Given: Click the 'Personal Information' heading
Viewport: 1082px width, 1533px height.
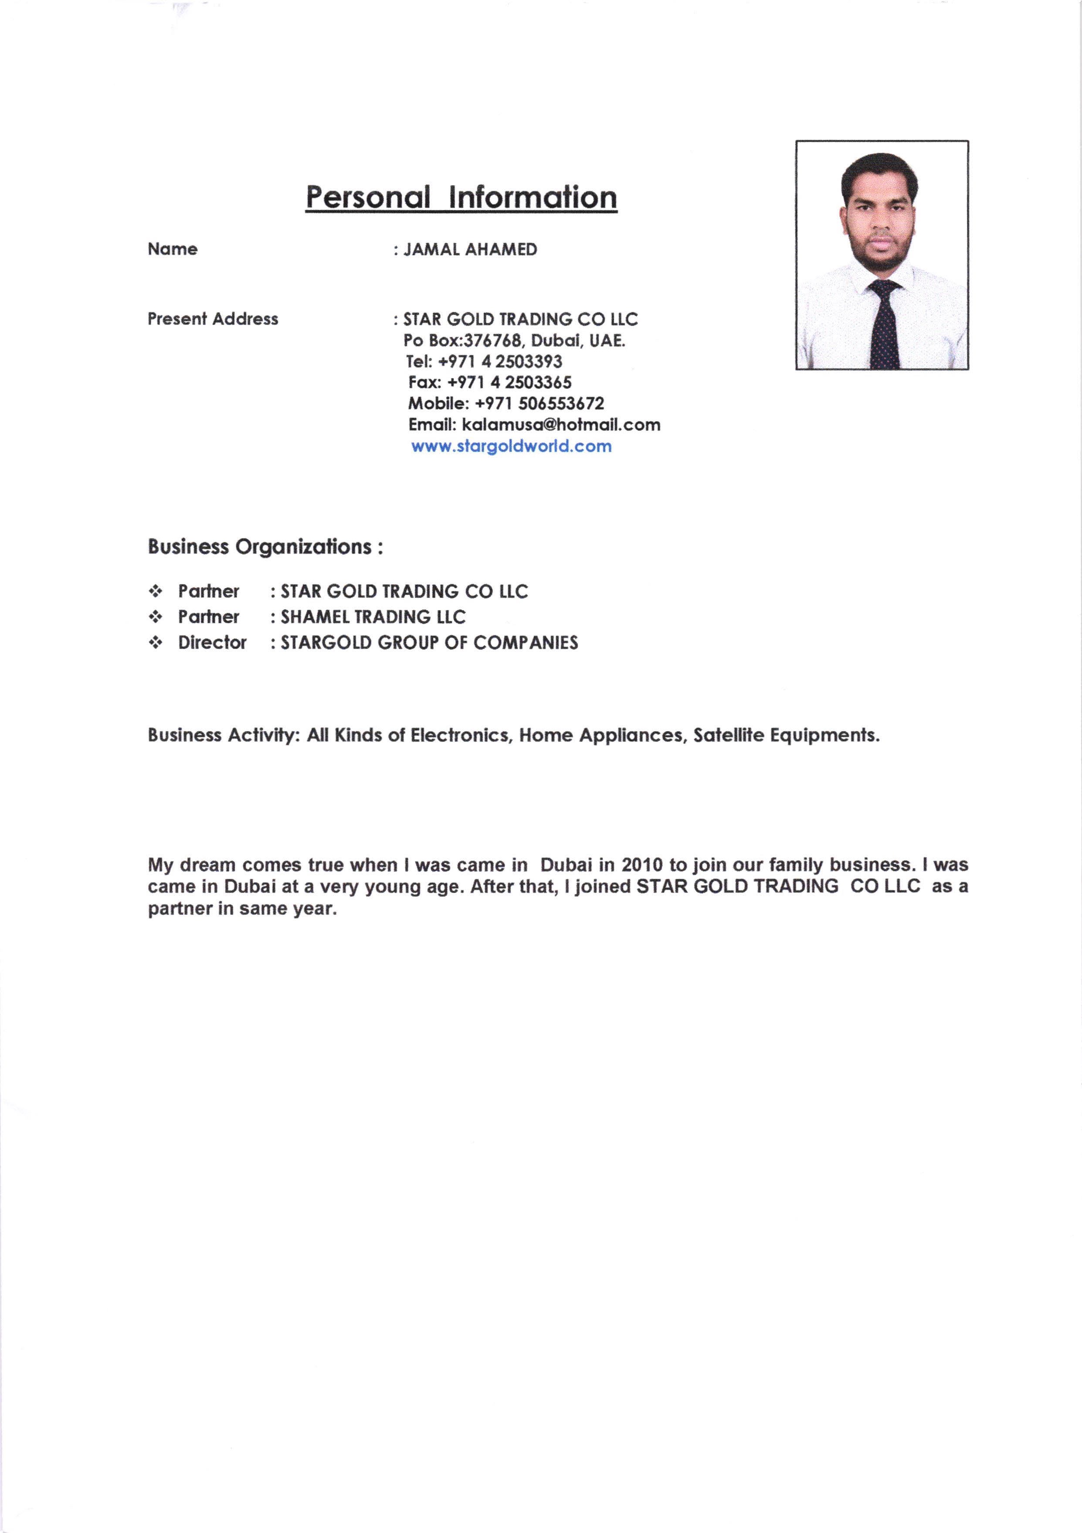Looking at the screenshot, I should tap(461, 198).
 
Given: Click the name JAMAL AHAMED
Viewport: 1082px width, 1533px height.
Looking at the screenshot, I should tap(471, 250).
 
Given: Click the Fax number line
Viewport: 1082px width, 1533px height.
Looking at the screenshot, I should tap(490, 382).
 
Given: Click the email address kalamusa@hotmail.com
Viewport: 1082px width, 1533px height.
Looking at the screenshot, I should tap(561, 425).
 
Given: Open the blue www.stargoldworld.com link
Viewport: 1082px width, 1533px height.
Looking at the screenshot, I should tap(511, 446).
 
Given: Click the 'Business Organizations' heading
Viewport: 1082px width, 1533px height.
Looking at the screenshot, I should tap(265, 547).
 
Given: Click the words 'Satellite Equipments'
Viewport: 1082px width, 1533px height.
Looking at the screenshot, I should tap(786, 735).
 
